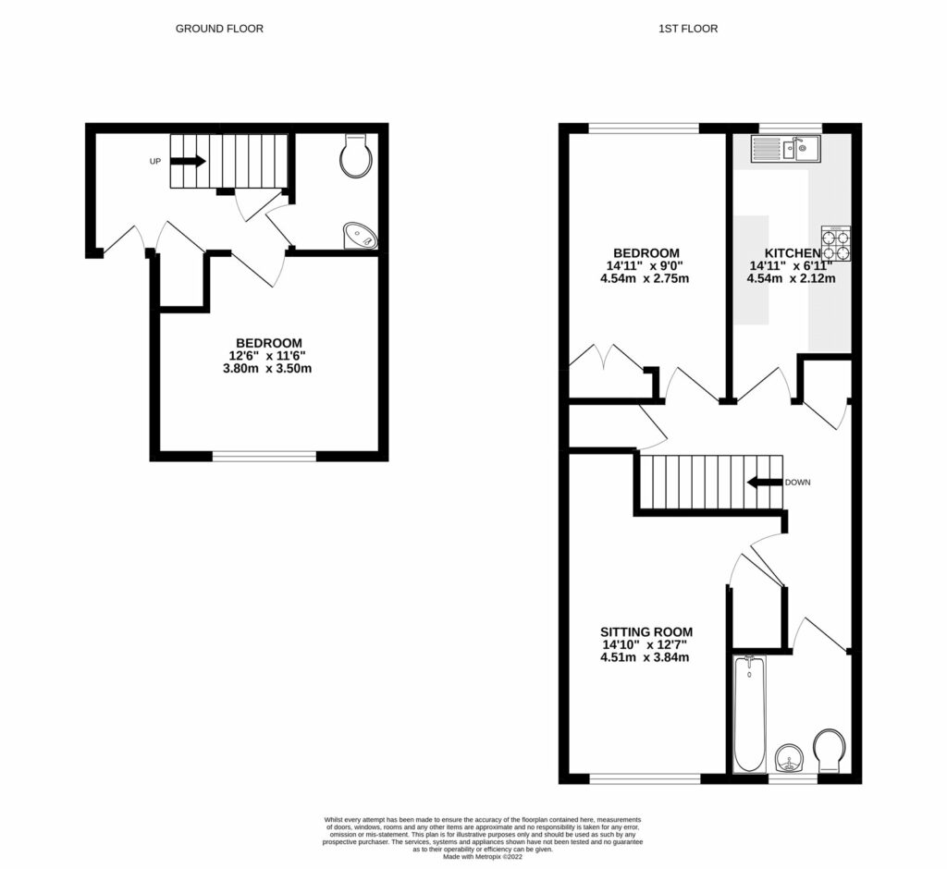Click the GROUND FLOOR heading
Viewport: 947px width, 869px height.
[x=219, y=29]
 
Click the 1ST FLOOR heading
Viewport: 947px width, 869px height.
[x=687, y=29]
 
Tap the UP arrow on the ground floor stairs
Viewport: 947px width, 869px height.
[x=188, y=161]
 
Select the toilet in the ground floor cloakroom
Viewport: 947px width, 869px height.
[x=355, y=156]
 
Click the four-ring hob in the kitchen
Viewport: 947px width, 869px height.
[x=836, y=243]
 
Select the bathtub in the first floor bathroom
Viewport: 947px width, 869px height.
[x=749, y=713]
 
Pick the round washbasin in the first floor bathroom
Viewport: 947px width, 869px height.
[x=789, y=759]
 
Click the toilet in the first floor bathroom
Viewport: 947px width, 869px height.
[x=830, y=750]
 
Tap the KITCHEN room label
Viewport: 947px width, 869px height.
[x=792, y=253]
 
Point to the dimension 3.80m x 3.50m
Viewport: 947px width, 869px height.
[x=268, y=368]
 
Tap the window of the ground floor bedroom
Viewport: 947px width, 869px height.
[x=264, y=455]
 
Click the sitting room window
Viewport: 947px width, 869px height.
[x=645, y=778]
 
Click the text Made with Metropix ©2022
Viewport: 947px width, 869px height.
[x=482, y=857]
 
